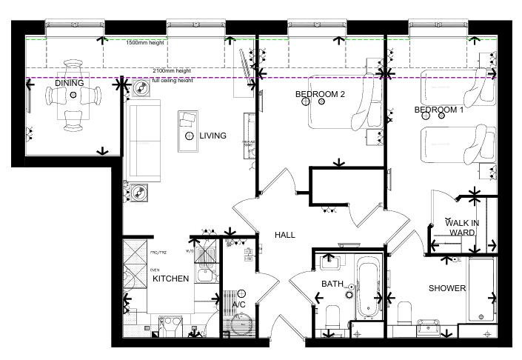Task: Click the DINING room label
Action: point(69,83)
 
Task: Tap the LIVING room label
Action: point(213,136)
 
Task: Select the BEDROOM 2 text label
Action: point(320,94)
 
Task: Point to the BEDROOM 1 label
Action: point(438,110)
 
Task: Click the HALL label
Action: point(285,235)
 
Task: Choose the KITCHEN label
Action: point(170,279)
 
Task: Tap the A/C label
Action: point(239,304)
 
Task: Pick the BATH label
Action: point(331,284)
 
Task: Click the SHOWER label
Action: point(447,288)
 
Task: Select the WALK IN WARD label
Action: point(461,227)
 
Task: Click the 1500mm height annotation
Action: point(145,43)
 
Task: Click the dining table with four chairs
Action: point(73,96)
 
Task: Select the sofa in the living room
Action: point(142,141)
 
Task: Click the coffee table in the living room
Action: point(187,129)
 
